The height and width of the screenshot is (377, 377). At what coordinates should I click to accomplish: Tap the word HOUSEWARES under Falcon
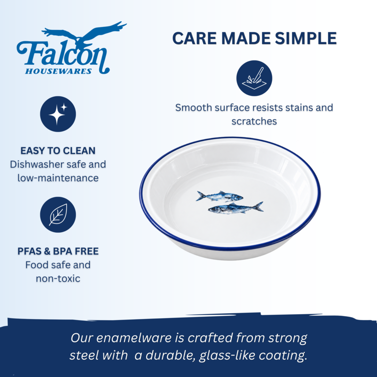tap(58, 71)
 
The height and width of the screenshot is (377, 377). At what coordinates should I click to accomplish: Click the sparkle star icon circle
tap(58, 114)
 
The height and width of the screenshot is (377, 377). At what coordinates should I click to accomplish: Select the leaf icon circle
tap(58, 215)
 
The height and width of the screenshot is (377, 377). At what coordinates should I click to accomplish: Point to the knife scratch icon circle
tap(254, 78)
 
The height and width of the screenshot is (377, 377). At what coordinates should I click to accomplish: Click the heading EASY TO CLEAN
tap(58, 151)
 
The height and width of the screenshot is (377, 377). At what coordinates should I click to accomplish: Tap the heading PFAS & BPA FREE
tap(58, 251)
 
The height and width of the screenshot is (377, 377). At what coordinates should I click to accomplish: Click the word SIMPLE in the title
tap(306, 38)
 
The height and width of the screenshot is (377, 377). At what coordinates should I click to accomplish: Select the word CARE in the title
tap(194, 38)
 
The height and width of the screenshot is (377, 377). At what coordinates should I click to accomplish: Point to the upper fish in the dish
tap(219, 196)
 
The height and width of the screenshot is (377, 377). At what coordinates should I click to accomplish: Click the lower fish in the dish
tap(236, 208)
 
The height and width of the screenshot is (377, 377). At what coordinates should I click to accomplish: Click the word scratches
tap(254, 121)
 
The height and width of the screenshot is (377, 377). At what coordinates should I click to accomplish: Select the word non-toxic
tap(58, 279)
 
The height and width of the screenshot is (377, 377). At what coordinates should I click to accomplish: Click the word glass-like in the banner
tap(227, 355)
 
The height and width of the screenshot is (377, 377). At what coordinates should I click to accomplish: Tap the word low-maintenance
tap(58, 178)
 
